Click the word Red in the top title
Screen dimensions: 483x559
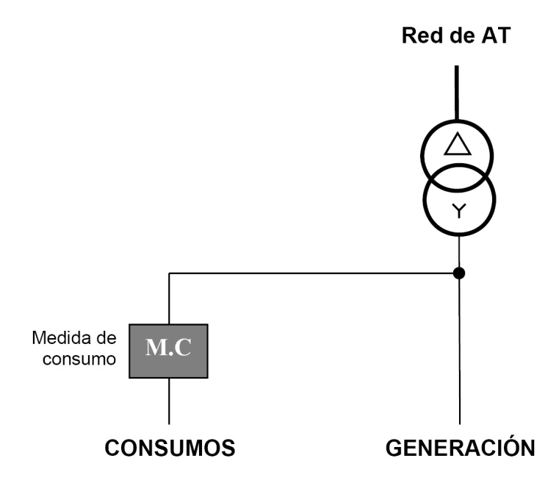pos(418,37)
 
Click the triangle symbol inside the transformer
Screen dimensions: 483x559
pos(457,144)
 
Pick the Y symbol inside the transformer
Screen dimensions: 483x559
pos(458,212)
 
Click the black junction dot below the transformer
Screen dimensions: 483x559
pos(458,273)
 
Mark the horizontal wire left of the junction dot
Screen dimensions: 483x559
pos(309,273)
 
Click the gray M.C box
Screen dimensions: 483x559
pos(169,351)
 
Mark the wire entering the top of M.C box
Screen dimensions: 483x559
pos(169,301)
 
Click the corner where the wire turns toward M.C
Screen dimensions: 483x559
pos(169,273)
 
